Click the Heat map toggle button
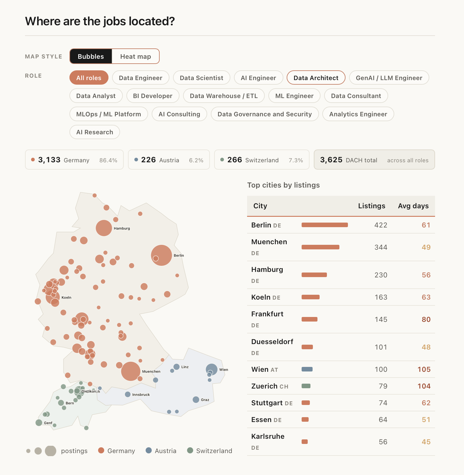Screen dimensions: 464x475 tap(136, 56)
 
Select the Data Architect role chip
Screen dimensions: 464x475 tap(316, 78)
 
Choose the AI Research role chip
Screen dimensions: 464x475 tap(95, 132)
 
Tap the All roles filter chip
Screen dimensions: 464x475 tap(89, 78)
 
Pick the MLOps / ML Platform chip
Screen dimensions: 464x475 tap(109, 114)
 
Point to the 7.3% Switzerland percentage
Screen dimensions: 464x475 tap(296, 160)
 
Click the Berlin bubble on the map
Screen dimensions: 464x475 tap(161, 255)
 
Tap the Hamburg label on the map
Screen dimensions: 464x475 tap(122, 228)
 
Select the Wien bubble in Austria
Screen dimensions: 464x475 tap(212, 369)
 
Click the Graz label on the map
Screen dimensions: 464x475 tap(205, 400)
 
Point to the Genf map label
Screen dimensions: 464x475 tap(48, 423)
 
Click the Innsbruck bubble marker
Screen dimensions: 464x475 tap(128, 394)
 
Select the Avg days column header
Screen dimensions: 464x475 tap(413, 206)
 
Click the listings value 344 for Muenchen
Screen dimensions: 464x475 tap(381, 247)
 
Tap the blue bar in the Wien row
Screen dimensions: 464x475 tap(307, 369)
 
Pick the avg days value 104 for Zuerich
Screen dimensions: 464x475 tap(424, 386)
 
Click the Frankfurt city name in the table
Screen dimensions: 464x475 tap(267, 314)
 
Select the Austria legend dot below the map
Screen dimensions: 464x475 tap(149, 450)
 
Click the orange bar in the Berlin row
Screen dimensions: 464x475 tap(325, 225)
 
